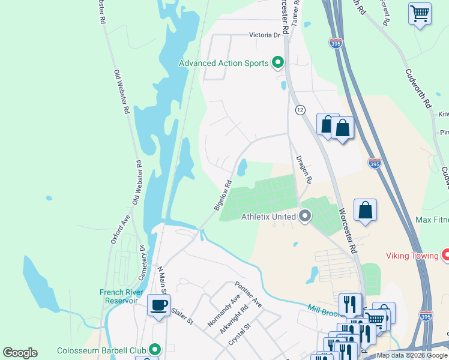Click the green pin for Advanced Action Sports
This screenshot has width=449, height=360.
tap(277, 62)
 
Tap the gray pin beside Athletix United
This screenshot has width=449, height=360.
tap(305, 216)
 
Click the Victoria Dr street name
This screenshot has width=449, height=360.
tap(265, 35)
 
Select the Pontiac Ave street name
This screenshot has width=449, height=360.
tap(249, 294)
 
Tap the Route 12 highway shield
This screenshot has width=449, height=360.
tap(300, 110)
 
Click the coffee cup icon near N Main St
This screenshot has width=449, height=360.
tap(159, 305)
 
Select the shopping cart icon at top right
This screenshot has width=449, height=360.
tap(420, 13)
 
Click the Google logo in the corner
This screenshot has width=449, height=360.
tap(20, 353)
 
